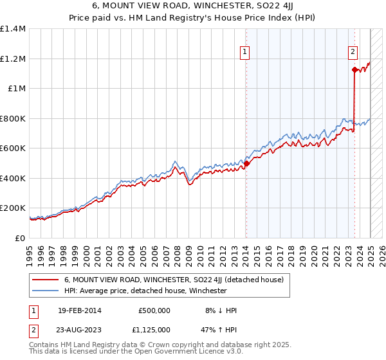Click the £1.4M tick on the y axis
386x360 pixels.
(x=13, y=29)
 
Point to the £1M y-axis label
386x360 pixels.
(x=16, y=89)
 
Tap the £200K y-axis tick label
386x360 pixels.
(x=12, y=208)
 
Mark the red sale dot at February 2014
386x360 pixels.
(x=246, y=163)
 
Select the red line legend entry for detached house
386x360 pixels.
(x=178, y=280)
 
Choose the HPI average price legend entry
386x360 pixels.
(x=145, y=291)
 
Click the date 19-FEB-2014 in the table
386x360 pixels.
(x=79, y=310)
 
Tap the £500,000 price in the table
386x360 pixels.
(x=154, y=310)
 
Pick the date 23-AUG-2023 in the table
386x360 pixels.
(x=80, y=331)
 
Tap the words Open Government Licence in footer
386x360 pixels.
(x=194, y=353)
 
